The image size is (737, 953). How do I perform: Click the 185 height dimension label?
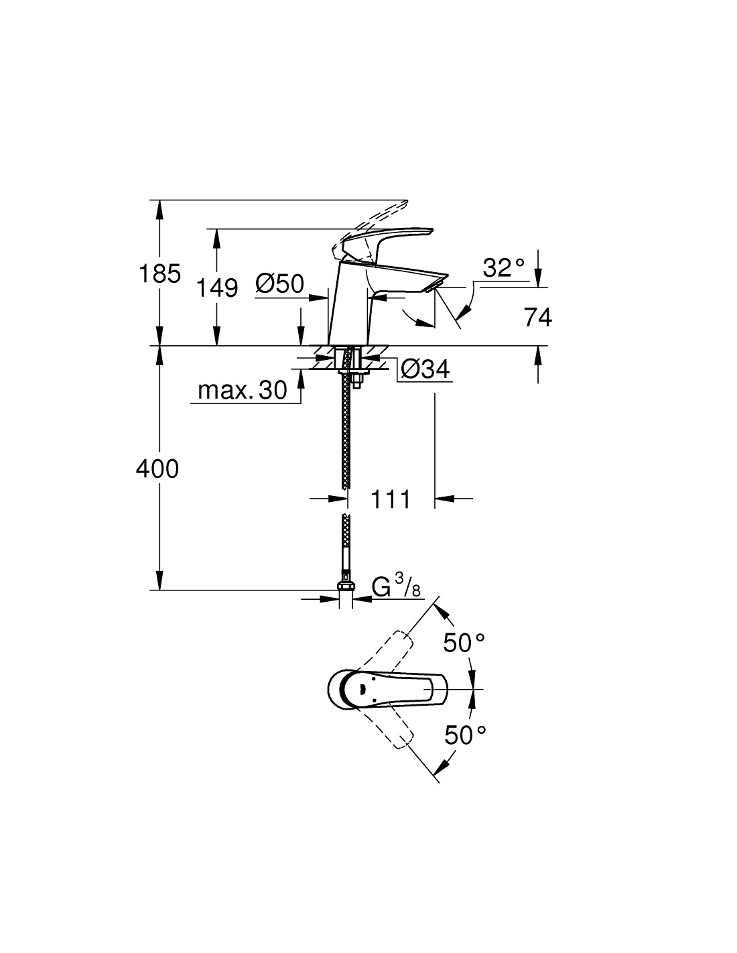tap(159, 273)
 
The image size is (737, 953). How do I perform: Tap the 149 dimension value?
tap(217, 288)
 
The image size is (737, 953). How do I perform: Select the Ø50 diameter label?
tap(279, 283)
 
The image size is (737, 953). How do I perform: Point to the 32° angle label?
tap(504, 267)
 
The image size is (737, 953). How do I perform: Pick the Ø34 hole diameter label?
tap(425, 369)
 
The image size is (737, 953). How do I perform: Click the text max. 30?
tap(243, 389)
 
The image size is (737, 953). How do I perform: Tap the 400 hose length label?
tap(157, 469)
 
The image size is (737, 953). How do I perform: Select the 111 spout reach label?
tap(391, 499)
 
